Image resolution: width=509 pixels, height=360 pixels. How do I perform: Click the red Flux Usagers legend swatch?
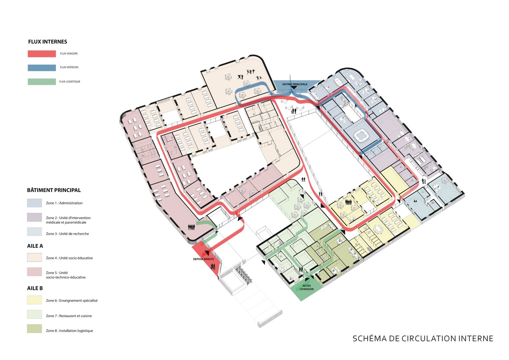click(42, 54)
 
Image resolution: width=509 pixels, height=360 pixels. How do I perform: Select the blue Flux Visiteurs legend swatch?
click(42, 68)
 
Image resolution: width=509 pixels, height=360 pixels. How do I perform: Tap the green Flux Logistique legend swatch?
click(42, 82)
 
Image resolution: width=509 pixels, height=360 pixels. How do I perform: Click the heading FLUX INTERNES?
click(48, 42)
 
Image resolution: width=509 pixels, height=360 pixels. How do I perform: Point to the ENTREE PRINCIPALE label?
click(295, 84)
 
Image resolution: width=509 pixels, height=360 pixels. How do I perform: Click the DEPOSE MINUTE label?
click(203, 259)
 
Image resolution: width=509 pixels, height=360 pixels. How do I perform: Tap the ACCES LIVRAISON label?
click(307, 287)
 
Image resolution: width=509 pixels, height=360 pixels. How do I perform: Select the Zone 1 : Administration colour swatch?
click(35, 203)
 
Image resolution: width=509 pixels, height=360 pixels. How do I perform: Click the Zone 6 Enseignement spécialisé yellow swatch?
click(35, 300)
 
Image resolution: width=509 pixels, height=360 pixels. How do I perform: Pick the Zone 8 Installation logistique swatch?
click(35, 329)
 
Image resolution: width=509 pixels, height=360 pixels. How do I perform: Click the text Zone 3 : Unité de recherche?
click(67, 234)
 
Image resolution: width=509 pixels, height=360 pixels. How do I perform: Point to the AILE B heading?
click(35, 288)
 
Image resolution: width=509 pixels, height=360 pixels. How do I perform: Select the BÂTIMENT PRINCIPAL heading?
click(54, 190)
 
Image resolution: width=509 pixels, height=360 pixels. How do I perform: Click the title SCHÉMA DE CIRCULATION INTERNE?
click(423, 339)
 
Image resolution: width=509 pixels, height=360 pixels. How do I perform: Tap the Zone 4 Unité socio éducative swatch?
click(35, 257)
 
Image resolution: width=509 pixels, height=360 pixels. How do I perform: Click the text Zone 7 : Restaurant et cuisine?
click(69, 316)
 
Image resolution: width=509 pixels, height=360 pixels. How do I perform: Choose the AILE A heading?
click(35, 246)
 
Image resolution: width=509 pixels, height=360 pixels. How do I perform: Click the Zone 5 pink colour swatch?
click(35, 272)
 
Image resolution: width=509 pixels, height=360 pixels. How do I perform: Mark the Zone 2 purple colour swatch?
click(35, 217)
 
